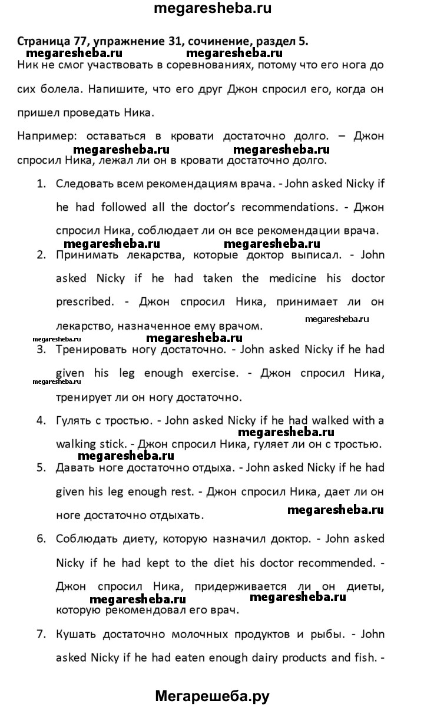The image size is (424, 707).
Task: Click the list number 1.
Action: [41, 183]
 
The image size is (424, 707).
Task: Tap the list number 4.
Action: [41, 420]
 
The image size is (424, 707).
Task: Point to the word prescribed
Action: [83, 301]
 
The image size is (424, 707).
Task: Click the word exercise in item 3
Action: [211, 373]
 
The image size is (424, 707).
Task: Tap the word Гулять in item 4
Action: [74, 420]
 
